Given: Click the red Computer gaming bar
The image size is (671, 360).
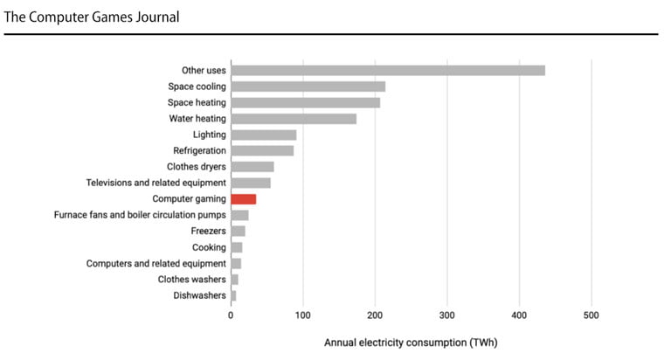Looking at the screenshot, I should pyautogui.click(x=243, y=199).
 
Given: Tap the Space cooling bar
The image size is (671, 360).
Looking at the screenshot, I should pyautogui.click(x=308, y=87).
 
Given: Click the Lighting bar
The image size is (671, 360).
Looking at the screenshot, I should pyautogui.click(x=263, y=135).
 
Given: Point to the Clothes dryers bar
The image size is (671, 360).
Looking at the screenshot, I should pyautogui.click(x=252, y=167).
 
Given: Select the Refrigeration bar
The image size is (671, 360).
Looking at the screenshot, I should pyautogui.click(x=262, y=151).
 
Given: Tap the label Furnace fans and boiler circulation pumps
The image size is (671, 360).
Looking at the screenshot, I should pyautogui.click(x=140, y=215).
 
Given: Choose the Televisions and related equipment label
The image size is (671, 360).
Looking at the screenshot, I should pyautogui.click(x=156, y=183).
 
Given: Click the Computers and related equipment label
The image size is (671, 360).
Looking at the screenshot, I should pyautogui.click(x=156, y=263).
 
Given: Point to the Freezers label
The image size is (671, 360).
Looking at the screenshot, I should pyautogui.click(x=208, y=231).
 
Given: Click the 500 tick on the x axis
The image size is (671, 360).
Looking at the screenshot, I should pyautogui.click(x=591, y=315).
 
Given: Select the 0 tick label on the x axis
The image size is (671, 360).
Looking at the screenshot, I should pyautogui.click(x=231, y=315).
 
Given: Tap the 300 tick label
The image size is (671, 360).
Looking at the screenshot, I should pyautogui.click(x=446, y=315).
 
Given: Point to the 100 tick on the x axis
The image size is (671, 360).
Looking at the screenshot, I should pyautogui.click(x=302, y=315).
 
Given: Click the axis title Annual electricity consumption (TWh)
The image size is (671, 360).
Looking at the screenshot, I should pyautogui.click(x=411, y=343).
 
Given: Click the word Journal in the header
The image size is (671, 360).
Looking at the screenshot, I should pyautogui.click(x=153, y=17).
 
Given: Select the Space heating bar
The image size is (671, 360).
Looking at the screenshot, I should pyautogui.click(x=305, y=102).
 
